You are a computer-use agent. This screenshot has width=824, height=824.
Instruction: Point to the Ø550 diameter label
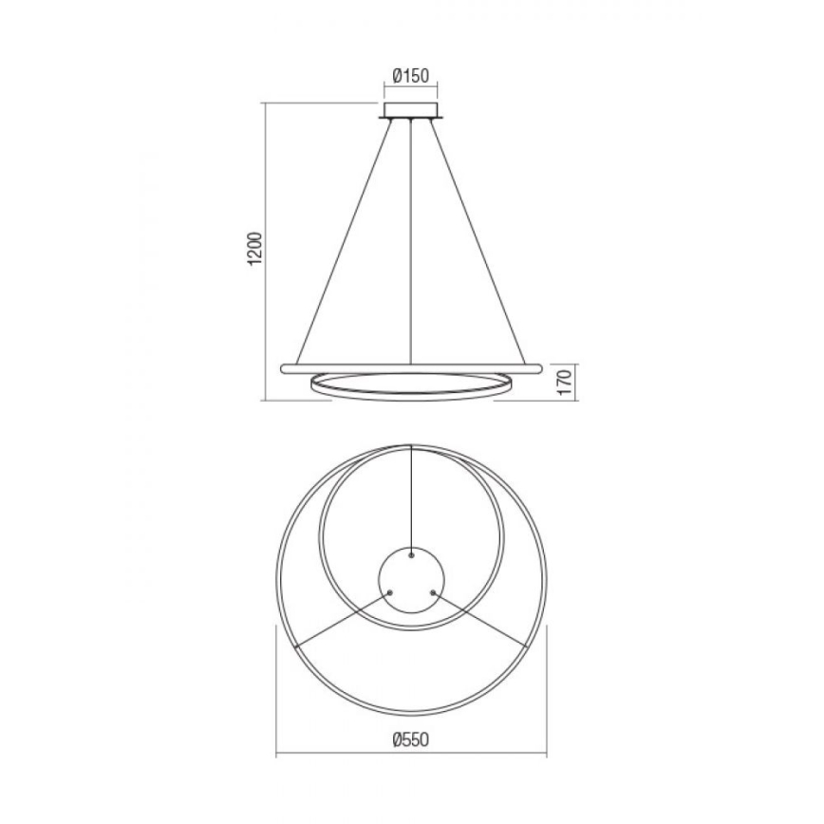[411, 737]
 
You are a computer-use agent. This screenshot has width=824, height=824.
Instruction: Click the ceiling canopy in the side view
[410, 114]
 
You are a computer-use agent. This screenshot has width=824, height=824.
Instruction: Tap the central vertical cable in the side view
[410, 237]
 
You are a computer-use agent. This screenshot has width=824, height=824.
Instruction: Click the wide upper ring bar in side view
[410, 365]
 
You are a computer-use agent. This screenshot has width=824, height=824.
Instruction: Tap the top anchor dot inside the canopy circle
[410, 553]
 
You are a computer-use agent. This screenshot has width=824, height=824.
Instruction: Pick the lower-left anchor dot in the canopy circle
[389, 591]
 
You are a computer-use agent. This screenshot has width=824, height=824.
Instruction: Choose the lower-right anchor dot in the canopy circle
[432, 591]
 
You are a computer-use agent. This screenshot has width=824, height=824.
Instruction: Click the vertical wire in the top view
[410, 494]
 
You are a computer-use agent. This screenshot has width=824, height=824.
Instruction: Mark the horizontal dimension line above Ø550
[411, 755]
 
